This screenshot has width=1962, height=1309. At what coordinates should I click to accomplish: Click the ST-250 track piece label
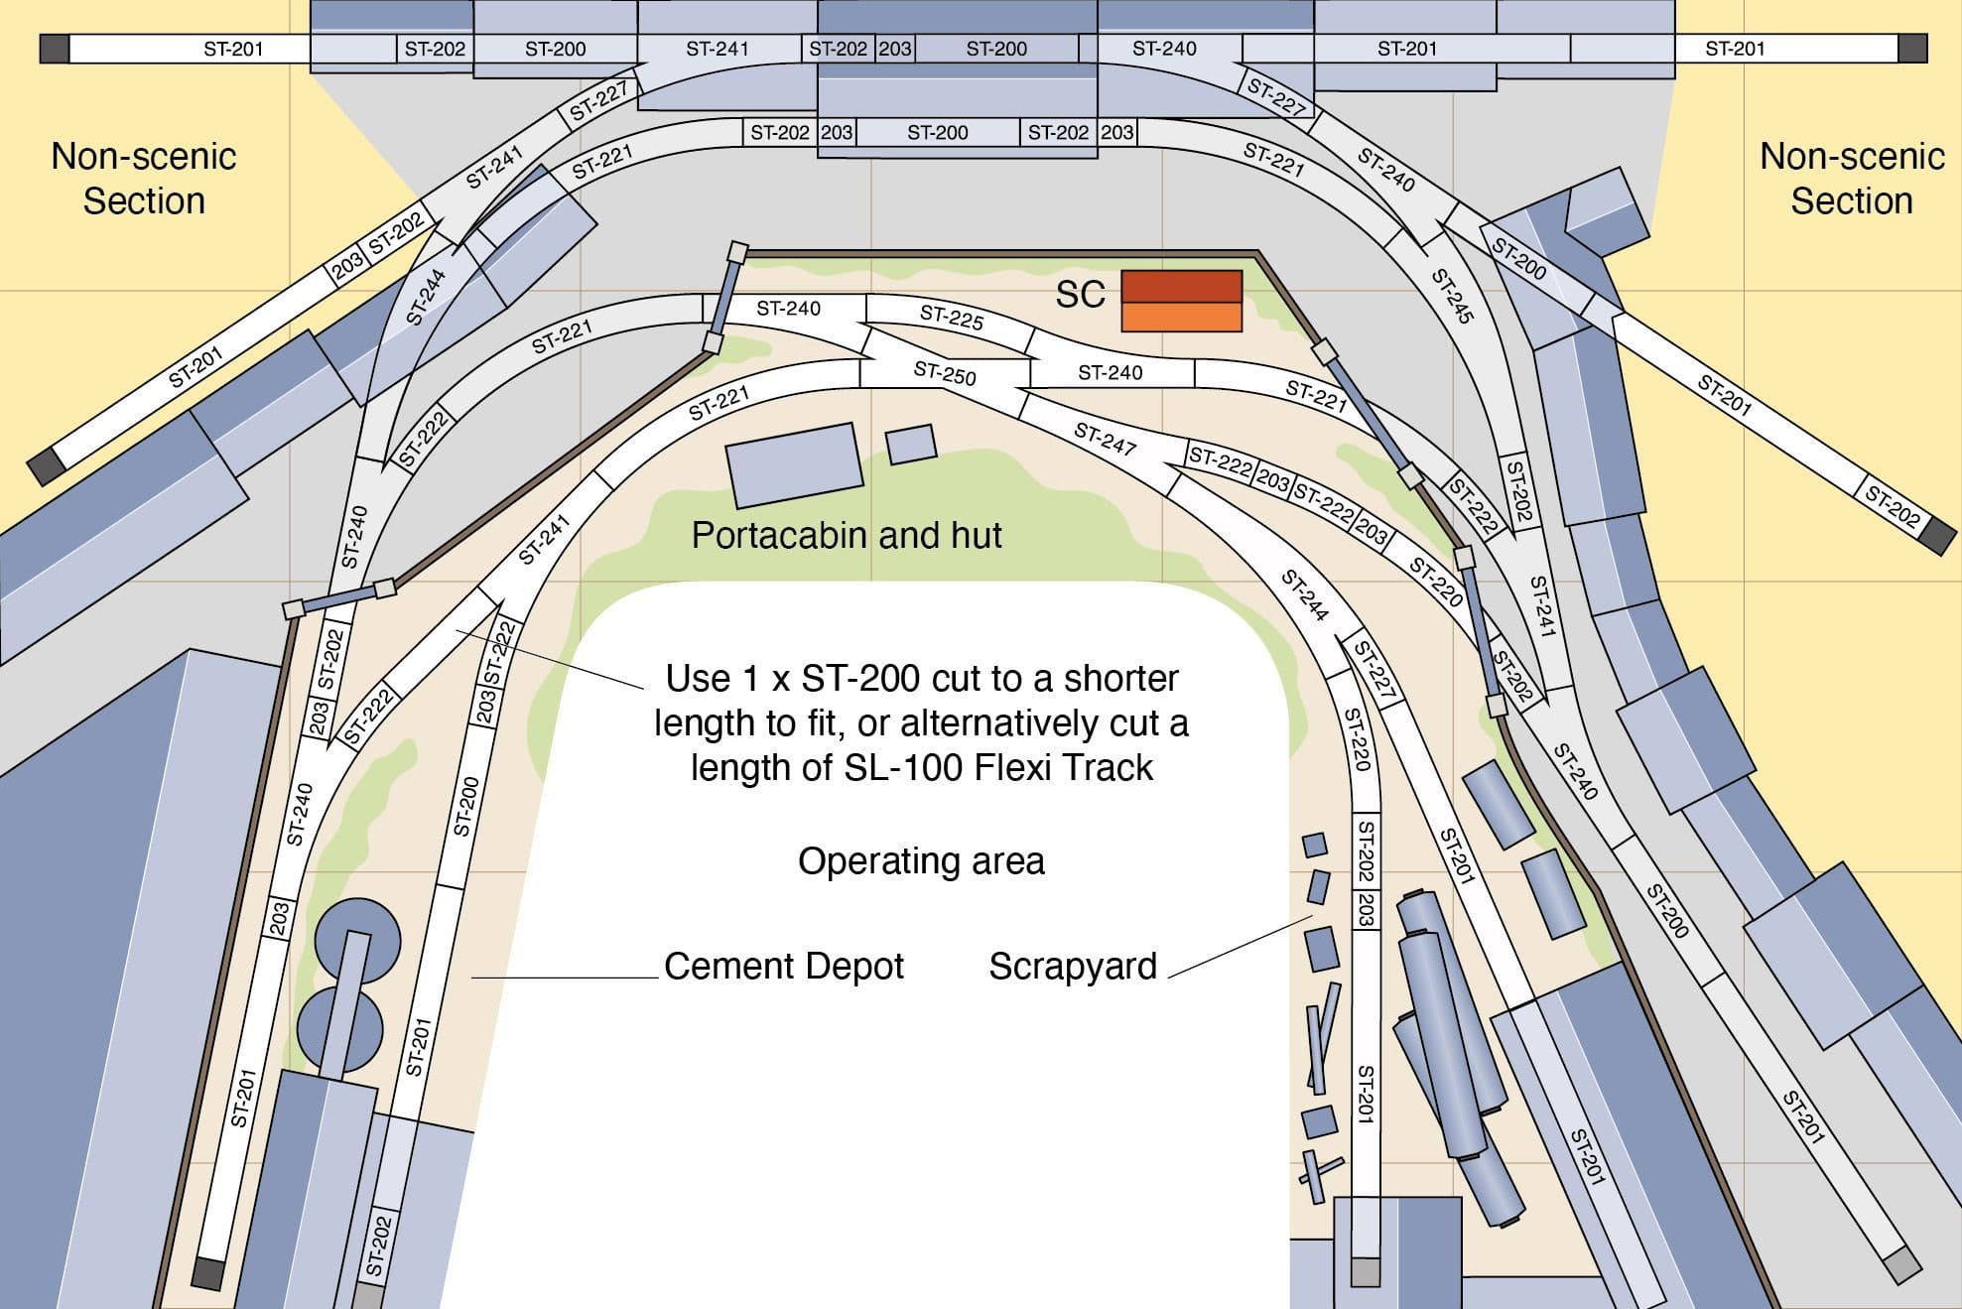coord(945,374)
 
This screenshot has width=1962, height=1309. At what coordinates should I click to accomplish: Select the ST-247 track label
coord(1105,438)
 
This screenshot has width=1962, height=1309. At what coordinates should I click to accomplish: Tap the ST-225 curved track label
coord(951,318)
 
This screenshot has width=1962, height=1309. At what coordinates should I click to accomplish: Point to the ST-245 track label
coord(1452,295)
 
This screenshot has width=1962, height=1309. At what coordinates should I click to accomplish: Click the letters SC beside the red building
coord(1080,295)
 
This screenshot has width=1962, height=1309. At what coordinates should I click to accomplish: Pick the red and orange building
coord(1181,301)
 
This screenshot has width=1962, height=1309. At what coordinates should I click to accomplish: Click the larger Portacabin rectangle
coord(794,464)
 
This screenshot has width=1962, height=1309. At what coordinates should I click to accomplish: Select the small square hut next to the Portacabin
coord(911,444)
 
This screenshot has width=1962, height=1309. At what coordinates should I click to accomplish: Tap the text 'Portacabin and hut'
coord(847,536)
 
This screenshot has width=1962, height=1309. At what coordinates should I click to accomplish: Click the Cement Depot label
coord(784,967)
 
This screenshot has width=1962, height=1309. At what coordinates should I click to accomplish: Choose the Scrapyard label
coord(1073,967)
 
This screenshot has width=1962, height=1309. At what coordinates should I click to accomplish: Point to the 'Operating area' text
coord(921,861)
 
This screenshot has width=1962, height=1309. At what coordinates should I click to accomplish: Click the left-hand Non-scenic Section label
coord(144,179)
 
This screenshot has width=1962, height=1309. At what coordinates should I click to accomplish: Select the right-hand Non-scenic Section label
coord(1852,179)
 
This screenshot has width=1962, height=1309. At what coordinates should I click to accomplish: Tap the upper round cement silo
coord(357,939)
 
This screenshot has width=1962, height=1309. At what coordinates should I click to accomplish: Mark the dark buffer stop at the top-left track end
coord(55,49)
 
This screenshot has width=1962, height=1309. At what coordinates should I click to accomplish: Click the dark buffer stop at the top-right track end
coord(1912,49)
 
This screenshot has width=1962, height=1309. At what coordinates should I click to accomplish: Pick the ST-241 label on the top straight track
coord(718,49)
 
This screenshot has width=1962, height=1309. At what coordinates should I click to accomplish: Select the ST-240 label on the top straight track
coord(1164,49)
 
